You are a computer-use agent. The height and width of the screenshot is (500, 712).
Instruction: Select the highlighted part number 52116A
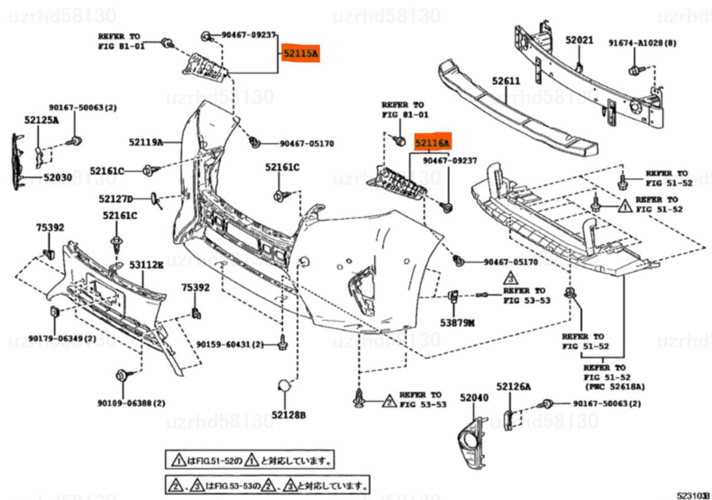(433, 143)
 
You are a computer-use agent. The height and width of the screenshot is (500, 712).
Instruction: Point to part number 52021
(579, 40)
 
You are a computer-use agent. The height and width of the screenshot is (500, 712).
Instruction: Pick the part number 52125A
(42, 120)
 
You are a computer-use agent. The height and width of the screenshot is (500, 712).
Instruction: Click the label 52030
(57, 177)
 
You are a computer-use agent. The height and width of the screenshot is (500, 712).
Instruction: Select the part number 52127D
(116, 199)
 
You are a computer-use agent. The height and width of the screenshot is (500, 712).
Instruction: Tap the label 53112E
(147, 265)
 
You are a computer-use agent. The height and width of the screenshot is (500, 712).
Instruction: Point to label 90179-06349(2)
(63, 339)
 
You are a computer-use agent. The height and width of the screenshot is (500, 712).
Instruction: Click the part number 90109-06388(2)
(131, 403)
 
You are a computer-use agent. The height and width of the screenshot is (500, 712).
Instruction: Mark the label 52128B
(289, 415)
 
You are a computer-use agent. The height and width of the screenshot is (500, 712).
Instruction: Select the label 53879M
(457, 323)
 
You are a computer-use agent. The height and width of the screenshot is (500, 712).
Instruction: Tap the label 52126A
(514, 387)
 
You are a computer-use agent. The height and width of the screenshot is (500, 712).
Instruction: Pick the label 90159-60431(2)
(230, 344)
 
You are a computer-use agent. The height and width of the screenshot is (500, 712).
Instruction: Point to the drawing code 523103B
(694, 494)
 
